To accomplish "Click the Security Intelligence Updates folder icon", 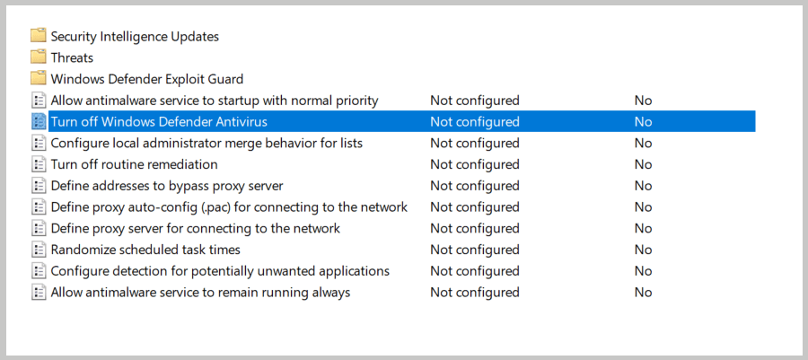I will pyautogui.click(x=38, y=36).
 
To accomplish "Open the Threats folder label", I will pyautogui.click(x=72, y=57).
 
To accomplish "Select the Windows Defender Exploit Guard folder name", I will pyautogui.click(x=146, y=79).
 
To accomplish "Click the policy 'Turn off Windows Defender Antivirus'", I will pyautogui.click(x=159, y=121).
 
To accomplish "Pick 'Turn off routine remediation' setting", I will pyautogui.click(x=134, y=164).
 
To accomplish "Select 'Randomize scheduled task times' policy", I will pyautogui.click(x=145, y=250).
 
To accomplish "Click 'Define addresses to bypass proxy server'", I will pyautogui.click(x=167, y=186).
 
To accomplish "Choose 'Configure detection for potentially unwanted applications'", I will pyautogui.click(x=220, y=271).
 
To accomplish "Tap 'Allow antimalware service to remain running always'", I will pyautogui.click(x=200, y=293).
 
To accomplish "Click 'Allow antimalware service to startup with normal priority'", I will pyautogui.click(x=215, y=101).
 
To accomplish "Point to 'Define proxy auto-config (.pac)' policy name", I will pyautogui.click(x=229, y=207).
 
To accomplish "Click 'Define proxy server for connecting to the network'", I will pyautogui.click(x=196, y=228).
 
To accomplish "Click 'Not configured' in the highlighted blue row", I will pyautogui.click(x=474, y=121).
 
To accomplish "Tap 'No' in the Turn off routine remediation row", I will pyautogui.click(x=643, y=164).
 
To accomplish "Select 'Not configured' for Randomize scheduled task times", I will pyautogui.click(x=474, y=250).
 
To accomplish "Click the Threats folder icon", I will pyautogui.click(x=38, y=57).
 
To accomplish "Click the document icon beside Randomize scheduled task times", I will pyautogui.click(x=38, y=250).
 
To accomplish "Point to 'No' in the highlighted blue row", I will pyautogui.click(x=643, y=121).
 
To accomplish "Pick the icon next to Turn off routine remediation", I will pyautogui.click(x=38, y=164).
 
